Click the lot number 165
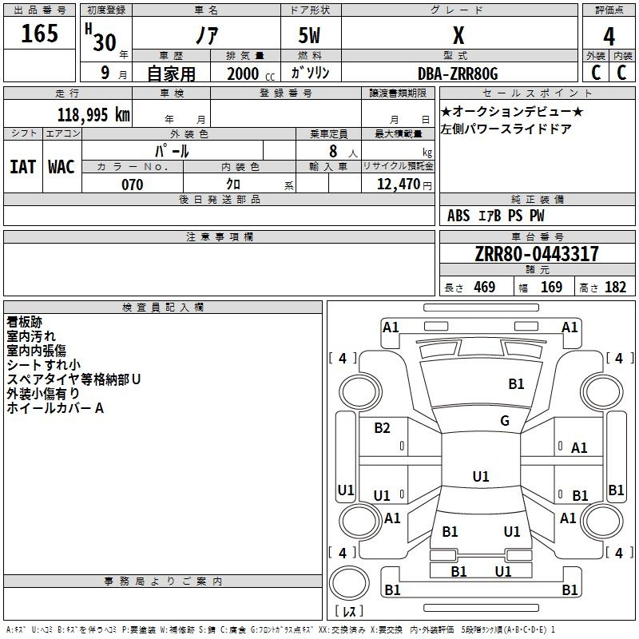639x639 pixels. [x=39, y=33]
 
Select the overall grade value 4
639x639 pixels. [x=609, y=37]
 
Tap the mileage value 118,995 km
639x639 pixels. [x=93, y=114]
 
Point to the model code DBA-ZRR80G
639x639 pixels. [x=458, y=73]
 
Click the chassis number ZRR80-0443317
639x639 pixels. [x=537, y=254]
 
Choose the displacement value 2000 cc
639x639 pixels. [x=251, y=73]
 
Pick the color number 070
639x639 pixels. [x=133, y=185]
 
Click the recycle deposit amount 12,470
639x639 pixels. [x=398, y=184]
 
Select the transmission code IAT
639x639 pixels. [x=23, y=167]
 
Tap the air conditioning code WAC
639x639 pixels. [x=62, y=167]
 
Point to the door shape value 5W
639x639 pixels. [x=309, y=35]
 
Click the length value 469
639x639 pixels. [x=485, y=287]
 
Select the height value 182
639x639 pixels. [x=615, y=287]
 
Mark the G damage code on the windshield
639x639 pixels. [x=505, y=420]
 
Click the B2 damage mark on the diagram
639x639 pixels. [x=382, y=427]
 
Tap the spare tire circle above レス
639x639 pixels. [x=349, y=583]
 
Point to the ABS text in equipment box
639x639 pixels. [x=458, y=216]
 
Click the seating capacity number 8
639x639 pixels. [x=333, y=151]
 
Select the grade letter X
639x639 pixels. [x=458, y=35]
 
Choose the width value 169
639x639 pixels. [x=551, y=287]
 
